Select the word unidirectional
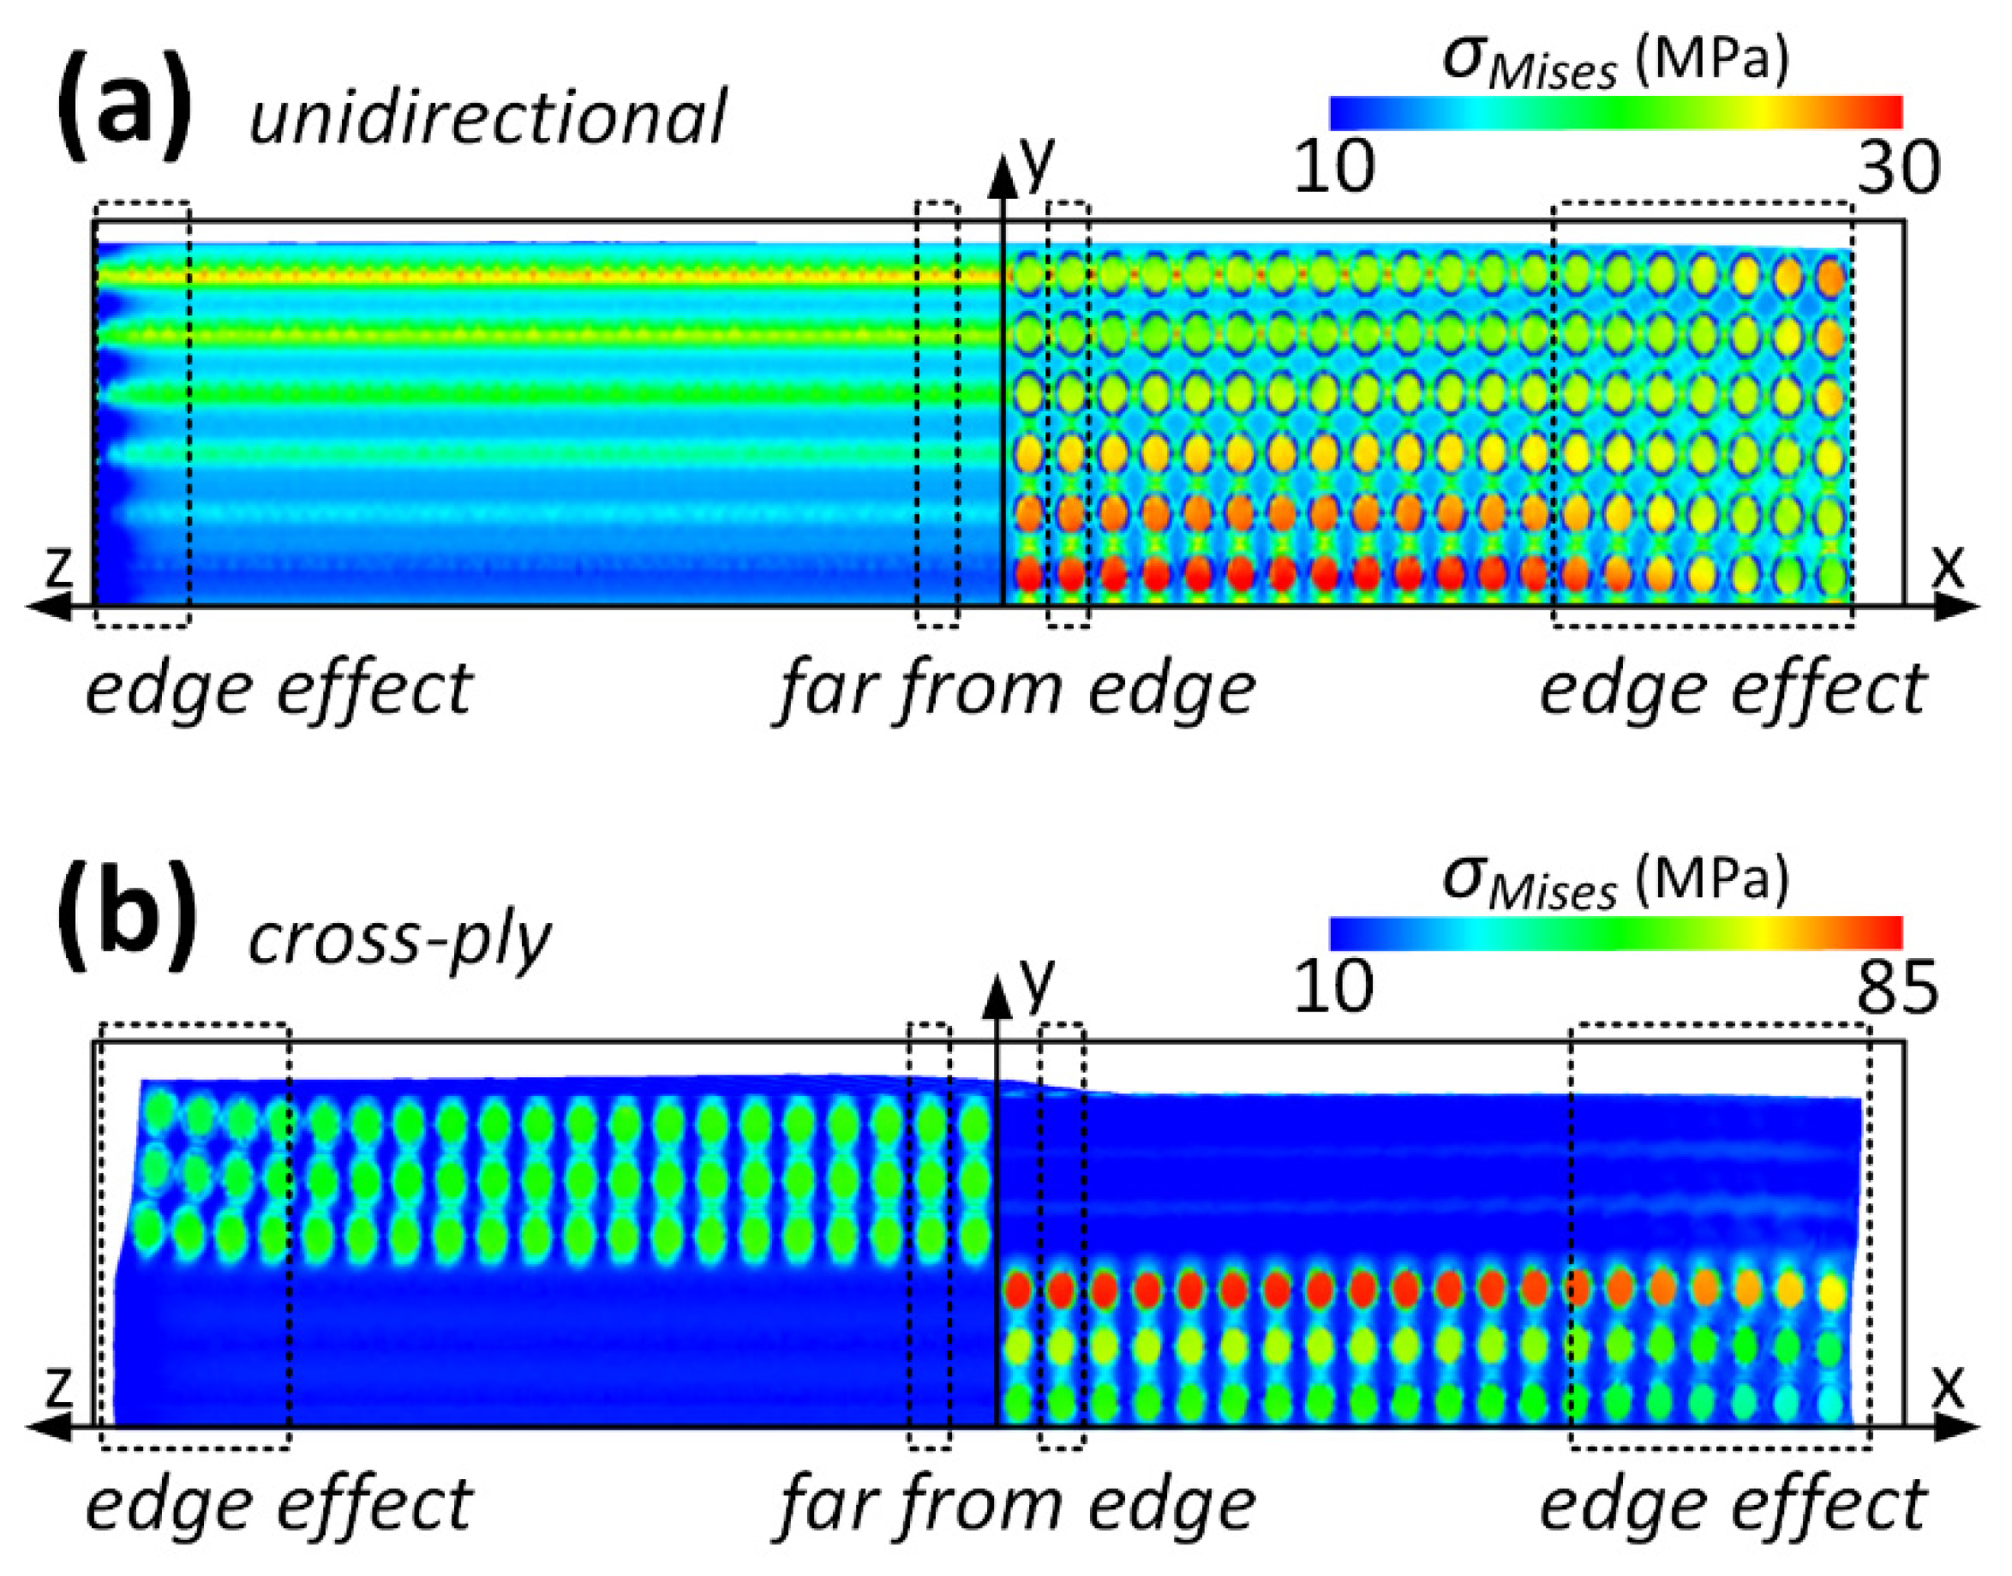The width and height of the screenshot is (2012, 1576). (x=487, y=117)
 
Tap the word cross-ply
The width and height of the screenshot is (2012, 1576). (x=399, y=941)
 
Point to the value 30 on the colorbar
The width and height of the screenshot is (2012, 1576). (x=1899, y=168)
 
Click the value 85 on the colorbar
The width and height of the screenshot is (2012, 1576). (x=1899, y=989)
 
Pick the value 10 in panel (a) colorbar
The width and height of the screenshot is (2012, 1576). (x=1334, y=168)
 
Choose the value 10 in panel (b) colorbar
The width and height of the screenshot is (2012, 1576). (x=1334, y=989)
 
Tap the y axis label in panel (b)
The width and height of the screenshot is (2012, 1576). (x=1037, y=983)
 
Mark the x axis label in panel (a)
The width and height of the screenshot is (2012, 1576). (x=1949, y=567)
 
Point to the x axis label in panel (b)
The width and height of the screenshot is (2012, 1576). (x=1949, y=1387)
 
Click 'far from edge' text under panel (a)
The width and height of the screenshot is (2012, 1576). (x=1015, y=690)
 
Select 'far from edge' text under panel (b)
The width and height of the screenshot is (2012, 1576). (x=1015, y=1506)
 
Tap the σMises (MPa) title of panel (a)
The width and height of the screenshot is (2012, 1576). (x=1614, y=62)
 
